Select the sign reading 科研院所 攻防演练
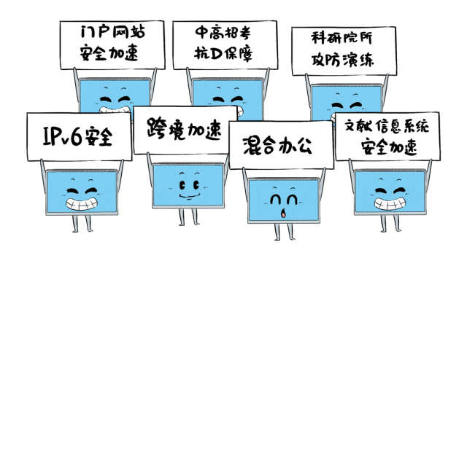[x=344, y=50]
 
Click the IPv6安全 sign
[x=79, y=136]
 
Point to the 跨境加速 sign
[x=185, y=130]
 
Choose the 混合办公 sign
[x=281, y=145]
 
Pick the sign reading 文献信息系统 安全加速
[x=387, y=136]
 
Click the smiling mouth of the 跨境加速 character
[x=188, y=196]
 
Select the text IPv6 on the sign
[x=61, y=136]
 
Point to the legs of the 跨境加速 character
[x=188, y=216]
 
